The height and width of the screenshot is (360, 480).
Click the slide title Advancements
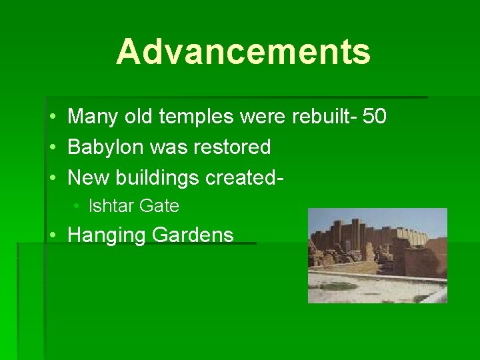click(243, 52)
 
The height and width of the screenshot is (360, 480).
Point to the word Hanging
click(107, 235)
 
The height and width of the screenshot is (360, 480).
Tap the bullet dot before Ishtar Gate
click(78, 207)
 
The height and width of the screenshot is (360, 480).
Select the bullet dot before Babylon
click(52, 147)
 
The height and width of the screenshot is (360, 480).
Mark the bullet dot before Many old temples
click(52, 118)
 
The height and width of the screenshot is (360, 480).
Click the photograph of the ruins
click(377, 255)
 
